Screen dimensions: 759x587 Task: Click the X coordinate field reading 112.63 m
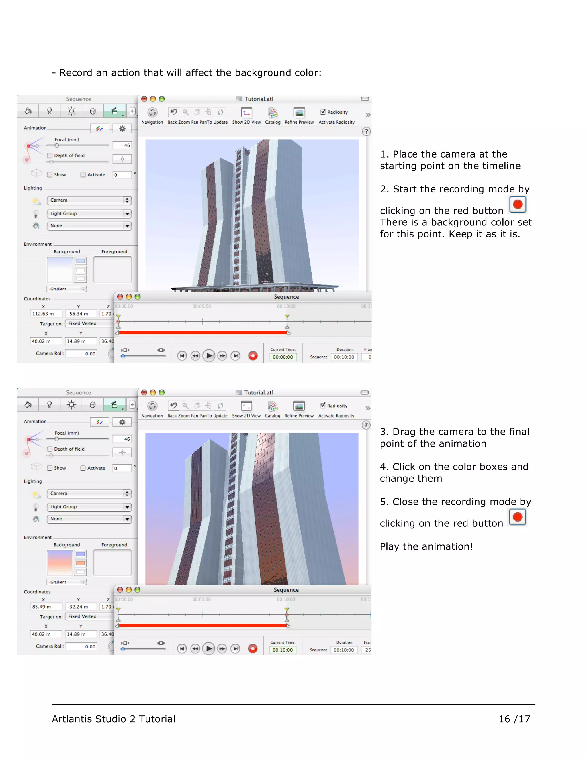coord(46,313)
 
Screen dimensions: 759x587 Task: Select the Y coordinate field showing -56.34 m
coord(80,313)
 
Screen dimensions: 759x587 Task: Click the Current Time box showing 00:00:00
coord(283,357)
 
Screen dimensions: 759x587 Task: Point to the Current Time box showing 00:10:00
coord(282,650)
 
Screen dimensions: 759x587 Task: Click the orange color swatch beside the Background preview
coord(81,563)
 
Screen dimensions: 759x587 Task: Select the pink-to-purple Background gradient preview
coord(60,563)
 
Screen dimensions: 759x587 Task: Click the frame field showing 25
coord(367,650)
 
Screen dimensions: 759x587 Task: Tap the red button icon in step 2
coord(517,204)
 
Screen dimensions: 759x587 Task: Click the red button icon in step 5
coord(517,517)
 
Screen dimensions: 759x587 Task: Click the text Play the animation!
coord(426,547)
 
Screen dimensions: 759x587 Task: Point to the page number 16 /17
coord(514,719)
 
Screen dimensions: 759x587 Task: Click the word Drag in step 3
coord(404,432)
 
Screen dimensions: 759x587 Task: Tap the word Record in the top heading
coord(75,73)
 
